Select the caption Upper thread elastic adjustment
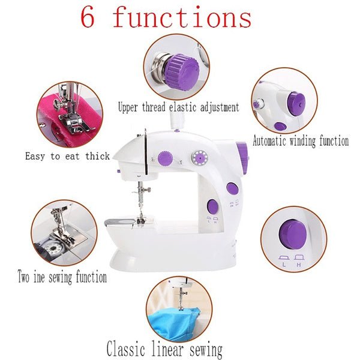coord(178,107)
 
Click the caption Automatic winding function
coord(300,142)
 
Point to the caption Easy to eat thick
coord(67,156)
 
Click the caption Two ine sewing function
coord(62,277)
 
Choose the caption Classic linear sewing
coord(164,349)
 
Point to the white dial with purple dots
coord(198,158)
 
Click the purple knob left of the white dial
coord(163,158)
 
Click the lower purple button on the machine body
coord(213,206)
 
